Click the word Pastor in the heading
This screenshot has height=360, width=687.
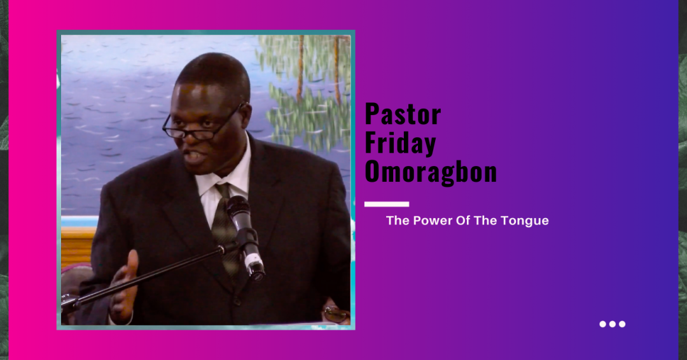tap(403, 114)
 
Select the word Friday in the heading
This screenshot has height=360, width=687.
tap(400, 143)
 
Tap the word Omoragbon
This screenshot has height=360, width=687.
tap(431, 171)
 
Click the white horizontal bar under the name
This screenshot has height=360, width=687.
tap(387, 204)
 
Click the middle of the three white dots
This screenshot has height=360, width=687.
tap(613, 324)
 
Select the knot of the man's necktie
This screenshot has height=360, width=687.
tap(222, 191)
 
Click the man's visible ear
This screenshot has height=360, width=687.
tap(246, 116)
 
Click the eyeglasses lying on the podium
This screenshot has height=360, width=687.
tap(336, 314)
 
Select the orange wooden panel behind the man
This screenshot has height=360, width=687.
tap(78, 247)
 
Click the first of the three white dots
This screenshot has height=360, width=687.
tap(603, 324)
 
